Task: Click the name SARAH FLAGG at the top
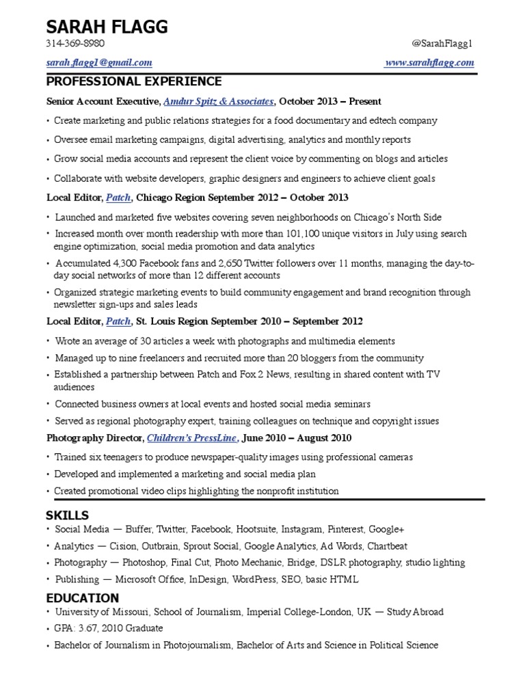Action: click(x=106, y=27)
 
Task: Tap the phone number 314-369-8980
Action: click(x=76, y=44)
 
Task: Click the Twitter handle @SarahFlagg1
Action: click(x=442, y=44)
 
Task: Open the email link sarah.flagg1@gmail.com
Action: click(x=99, y=63)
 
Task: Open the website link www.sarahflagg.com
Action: click(x=429, y=63)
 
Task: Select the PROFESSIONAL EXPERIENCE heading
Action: click(x=134, y=82)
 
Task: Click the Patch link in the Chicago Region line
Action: click(x=118, y=198)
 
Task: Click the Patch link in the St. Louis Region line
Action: click(x=118, y=321)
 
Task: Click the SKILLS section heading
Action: click(x=68, y=515)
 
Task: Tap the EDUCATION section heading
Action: click(x=79, y=598)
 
